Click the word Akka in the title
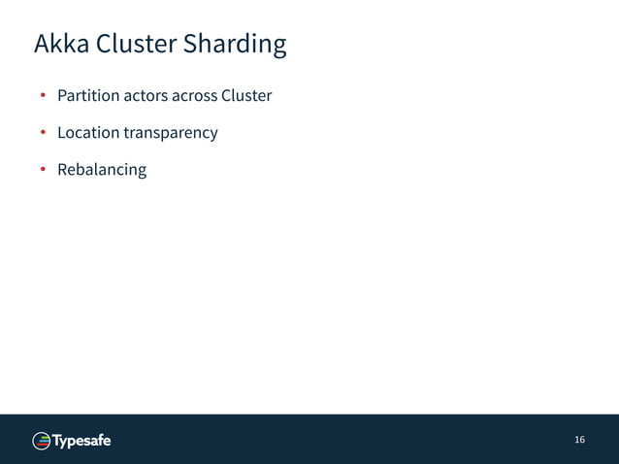point(61,45)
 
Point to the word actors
point(145,96)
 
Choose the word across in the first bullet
point(194,96)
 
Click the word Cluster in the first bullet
point(246,96)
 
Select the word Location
point(88,132)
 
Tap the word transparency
point(171,133)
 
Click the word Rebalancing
point(102,170)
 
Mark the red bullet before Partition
point(43,96)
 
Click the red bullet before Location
point(43,133)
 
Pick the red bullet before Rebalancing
point(43,170)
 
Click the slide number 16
point(579,440)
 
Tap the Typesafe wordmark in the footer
point(81,441)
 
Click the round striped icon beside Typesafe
point(42,441)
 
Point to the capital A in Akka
point(42,45)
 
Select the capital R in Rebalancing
point(63,170)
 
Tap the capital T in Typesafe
point(57,441)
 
